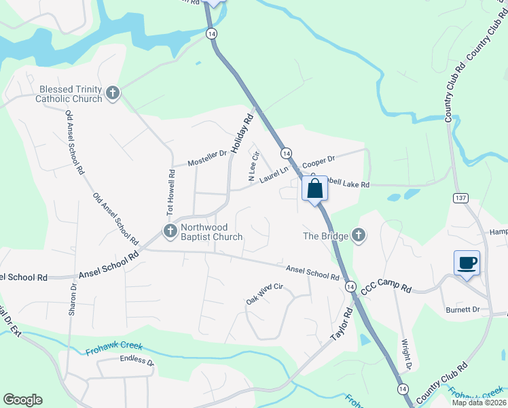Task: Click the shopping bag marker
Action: click(x=314, y=189)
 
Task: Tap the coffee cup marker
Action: click(x=467, y=262)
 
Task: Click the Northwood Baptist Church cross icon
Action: click(x=170, y=231)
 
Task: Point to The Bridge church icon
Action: click(x=359, y=236)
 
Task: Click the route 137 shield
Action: click(x=460, y=197)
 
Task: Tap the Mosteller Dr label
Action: click(x=207, y=158)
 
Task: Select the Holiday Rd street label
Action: click(x=241, y=133)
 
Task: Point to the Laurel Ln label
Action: click(x=274, y=175)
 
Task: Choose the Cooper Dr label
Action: click(x=319, y=163)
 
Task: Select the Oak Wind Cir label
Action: click(x=264, y=294)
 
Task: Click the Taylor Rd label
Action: click(x=342, y=323)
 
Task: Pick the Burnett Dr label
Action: click(x=462, y=309)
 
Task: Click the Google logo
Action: click(x=22, y=400)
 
